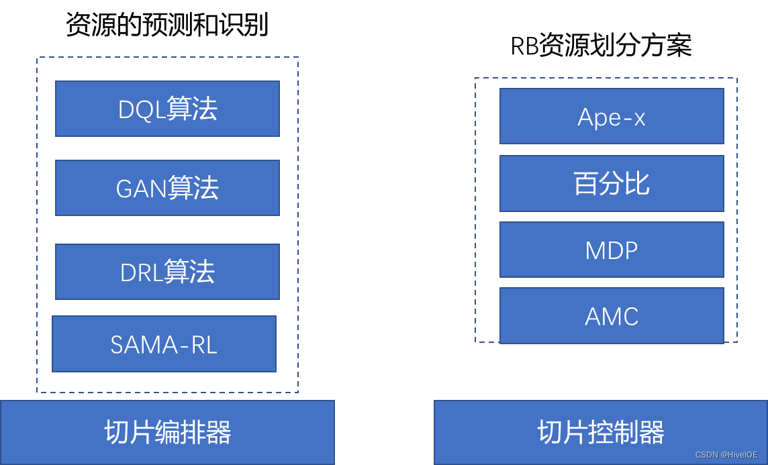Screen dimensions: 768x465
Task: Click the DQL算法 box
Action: pyautogui.click(x=167, y=109)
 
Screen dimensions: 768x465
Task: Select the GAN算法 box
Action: pyautogui.click(x=167, y=188)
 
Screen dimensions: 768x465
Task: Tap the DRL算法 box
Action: pyautogui.click(x=167, y=272)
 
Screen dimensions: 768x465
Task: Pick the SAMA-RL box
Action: pyautogui.click(x=164, y=344)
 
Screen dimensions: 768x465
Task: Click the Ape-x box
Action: pyautogui.click(x=612, y=116)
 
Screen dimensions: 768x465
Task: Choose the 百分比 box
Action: pyautogui.click(x=612, y=183)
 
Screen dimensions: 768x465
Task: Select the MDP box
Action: pyautogui.click(x=612, y=250)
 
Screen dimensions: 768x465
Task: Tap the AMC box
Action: pyautogui.click(x=612, y=315)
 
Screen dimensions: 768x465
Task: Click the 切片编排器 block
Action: pyautogui.click(x=167, y=433)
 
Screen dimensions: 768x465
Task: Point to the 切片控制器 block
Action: pyautogui.click(x=601, y=433)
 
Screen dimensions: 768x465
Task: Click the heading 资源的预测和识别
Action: pyautogui.click(x=167, y=25)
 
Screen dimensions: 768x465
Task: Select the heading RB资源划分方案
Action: pyautogui.click(x=601, y=46)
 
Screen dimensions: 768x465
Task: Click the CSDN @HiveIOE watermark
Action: pyautogui.click(x=726, y=455)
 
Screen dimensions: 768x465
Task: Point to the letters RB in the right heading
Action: pyautogui.click(x=524, y=46)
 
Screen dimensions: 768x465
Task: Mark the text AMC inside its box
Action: pyautogui.click(x=612, y=316)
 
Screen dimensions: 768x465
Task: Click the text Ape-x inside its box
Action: pyautogui.click(x=612, y=117)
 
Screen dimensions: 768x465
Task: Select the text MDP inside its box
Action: pyautogui.click(x=612, y=250)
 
